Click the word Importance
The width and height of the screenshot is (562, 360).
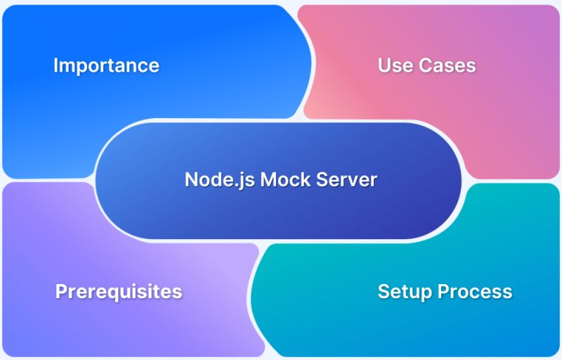[x=106, y=66]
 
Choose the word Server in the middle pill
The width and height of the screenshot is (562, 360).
[x=347, y=179]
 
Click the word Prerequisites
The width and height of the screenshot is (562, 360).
[x=119, y=292]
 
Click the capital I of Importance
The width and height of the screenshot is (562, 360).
[x=55, y=66]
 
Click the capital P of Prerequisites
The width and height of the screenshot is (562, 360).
[x=61, y=292]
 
